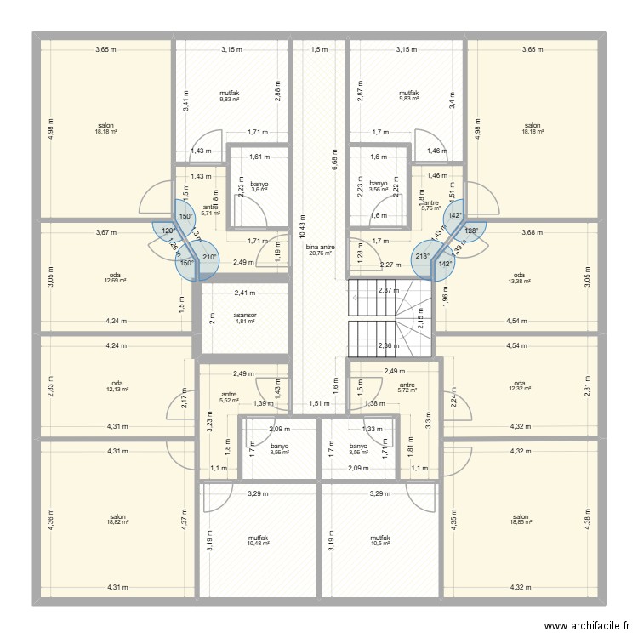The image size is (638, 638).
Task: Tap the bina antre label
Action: (321, 247)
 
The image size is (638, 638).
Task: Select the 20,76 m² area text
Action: (321, 253)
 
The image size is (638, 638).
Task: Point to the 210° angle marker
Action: (209, 258)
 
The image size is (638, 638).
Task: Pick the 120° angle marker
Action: (168, 231)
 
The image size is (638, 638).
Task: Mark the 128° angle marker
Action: (470, 231)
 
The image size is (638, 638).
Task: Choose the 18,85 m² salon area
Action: (521, 522)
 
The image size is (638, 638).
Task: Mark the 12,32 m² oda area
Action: (521, 389)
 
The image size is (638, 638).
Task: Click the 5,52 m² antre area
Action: (229, 400)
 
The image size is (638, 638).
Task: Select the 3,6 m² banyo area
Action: (259, 189)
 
